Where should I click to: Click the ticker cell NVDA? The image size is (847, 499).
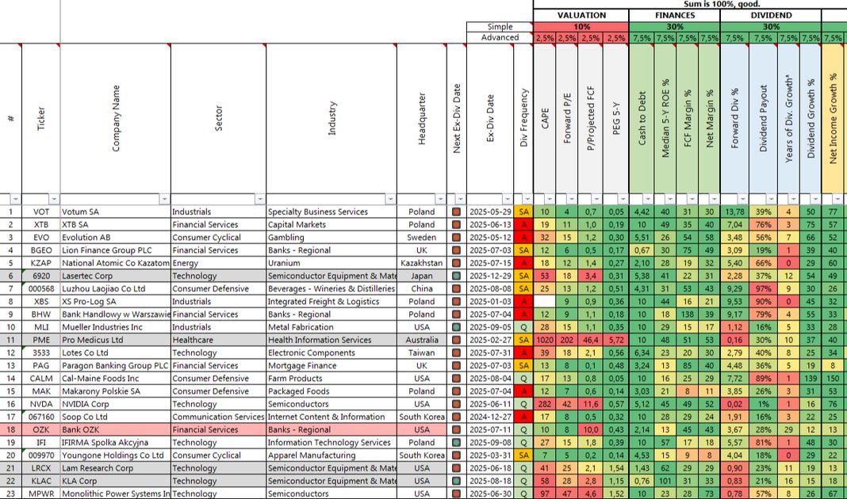40,404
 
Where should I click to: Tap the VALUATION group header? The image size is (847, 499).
581,15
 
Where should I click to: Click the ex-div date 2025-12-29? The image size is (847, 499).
489,276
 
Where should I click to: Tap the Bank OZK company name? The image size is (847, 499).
85,429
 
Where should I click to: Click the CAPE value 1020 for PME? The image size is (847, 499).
545,340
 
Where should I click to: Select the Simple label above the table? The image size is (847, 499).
500,27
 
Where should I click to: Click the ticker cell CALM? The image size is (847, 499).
40,379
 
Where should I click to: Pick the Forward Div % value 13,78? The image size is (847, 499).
734,211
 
